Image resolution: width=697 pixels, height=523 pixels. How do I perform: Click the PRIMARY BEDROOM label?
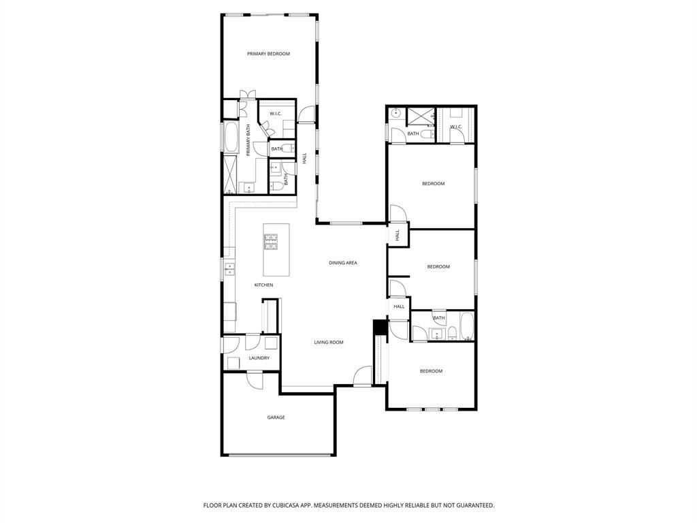pos(268,54)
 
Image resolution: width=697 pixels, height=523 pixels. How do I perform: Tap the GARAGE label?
pos(276,417)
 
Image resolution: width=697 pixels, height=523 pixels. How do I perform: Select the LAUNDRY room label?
pos(259,358)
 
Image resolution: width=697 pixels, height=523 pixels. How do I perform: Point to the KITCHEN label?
pos(263,285)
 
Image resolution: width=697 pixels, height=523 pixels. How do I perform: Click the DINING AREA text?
pos(343,263)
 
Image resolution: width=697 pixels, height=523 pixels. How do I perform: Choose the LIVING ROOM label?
pos(329,343)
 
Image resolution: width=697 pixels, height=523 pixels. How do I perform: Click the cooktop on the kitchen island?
pos(271,242)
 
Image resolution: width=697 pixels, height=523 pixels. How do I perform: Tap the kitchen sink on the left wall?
pos(229,269)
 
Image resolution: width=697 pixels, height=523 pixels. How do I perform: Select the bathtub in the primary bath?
pos(231,136)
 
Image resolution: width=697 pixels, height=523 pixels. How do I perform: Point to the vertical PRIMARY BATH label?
pos(248,140)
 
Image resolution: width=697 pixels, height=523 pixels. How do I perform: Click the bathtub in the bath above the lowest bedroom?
pos(467,326)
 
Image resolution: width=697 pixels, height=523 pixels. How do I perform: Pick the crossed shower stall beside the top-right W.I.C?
pos(421,116)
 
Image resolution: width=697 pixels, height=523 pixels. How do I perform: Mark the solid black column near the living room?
pos(379,326)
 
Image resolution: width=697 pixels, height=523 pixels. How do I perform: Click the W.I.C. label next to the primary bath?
pos(276,114)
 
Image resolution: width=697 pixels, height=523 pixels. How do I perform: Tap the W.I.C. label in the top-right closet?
pos(457,127)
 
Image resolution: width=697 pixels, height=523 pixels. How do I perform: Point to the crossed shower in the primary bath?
pos(231,175)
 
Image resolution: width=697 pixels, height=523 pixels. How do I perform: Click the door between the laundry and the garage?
pos(255,379)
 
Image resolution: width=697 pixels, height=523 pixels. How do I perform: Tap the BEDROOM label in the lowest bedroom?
pos(431,371)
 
